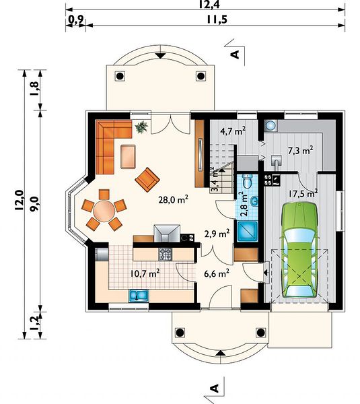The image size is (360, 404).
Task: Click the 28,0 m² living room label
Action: pos(174,199)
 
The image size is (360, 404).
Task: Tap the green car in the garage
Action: pos(300,250)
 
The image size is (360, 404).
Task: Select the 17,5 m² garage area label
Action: pos(303,193)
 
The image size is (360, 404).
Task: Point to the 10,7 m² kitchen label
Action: pos(145,273)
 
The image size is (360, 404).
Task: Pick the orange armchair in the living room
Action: pos(147,179)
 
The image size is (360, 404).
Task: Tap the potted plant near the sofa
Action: pos(141,127)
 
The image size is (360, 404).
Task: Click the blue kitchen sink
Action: pos(139,296)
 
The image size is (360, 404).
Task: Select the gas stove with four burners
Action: pos(165,254)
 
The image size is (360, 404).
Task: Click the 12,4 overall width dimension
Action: pos(209,5)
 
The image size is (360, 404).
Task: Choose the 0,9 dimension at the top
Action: pos(75,20)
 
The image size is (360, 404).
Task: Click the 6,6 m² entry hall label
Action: pos(216,273)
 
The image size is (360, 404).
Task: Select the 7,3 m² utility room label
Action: pos(301,150)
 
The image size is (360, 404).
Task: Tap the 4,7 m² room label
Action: pos(233,131)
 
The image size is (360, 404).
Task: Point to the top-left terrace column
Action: pos(120,76)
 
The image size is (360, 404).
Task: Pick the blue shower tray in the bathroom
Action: pos(247,231)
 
